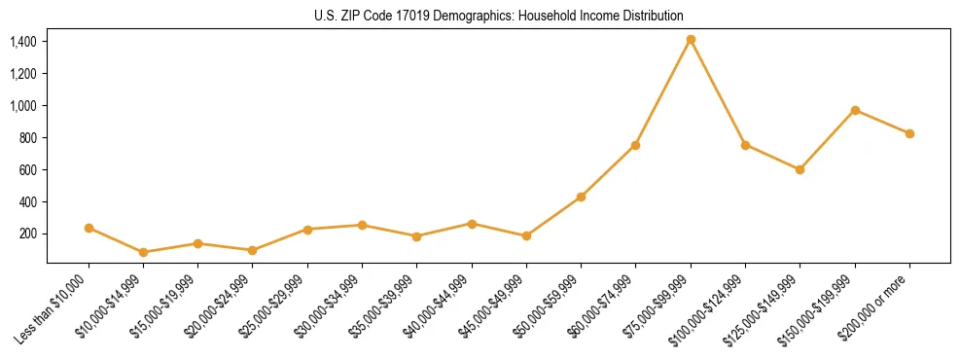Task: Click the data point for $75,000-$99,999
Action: (x=691, y=40)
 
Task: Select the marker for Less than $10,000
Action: (x=89, y=228)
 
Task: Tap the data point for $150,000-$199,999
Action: (x=855, y=110)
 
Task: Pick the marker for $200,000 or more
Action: (x=909, y=133)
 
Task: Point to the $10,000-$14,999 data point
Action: (x=144, y=252)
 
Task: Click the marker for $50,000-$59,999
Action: (x=581, y=197)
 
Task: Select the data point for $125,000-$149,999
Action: (x=800, y=169)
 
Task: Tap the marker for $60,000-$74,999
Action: (x=635, y=145)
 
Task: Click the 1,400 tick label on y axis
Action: (x=23, y=41)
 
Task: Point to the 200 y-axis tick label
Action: (x=28, y=234)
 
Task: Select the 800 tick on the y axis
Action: (x=28, y=137)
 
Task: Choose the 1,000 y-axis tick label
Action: (x=23, y=105)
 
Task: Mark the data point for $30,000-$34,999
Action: (x=362, y=225)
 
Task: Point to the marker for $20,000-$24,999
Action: (x=253, y=250)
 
